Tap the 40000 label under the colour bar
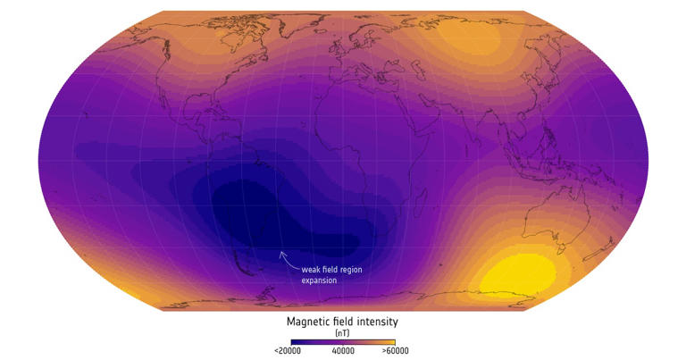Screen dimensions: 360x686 (343, 351)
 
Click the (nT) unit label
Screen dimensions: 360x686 (343, 331)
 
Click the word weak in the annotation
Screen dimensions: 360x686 (313, 267)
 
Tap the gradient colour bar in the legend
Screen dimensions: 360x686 (343, 340)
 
